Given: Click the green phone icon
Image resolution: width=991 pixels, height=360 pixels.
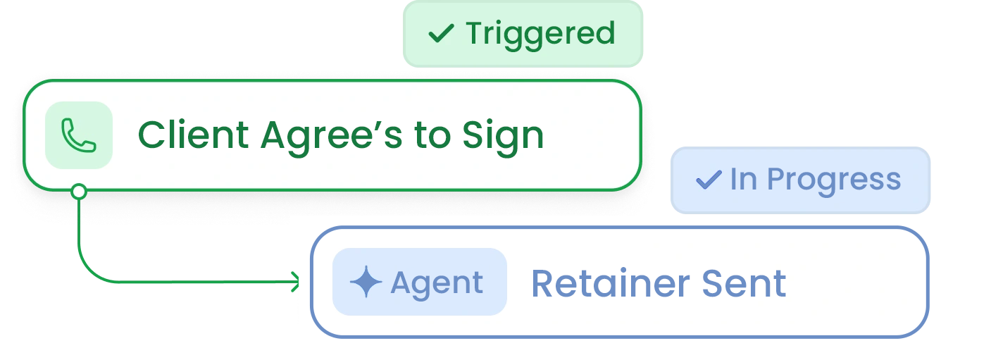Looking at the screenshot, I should click(78, 135).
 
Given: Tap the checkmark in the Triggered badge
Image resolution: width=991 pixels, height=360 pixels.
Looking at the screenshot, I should click(442, 33).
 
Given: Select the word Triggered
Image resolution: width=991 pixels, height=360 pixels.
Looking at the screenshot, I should click(540, 34).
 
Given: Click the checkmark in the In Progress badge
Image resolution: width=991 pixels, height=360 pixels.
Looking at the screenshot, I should click(708, 180).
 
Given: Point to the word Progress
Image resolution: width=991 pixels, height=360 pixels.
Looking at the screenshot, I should click(833, 180).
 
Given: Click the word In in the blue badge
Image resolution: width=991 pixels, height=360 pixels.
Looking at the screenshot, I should click(742, 180).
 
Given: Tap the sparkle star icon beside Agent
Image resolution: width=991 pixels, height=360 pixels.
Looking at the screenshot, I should click(366, 283).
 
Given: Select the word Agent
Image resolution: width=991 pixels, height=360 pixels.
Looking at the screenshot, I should click(437, 283).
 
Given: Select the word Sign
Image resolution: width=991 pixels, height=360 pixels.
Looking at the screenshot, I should click(503, 136).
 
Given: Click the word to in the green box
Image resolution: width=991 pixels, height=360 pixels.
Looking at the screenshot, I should click(434, 136).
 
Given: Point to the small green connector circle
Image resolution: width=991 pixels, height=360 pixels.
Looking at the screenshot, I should click(79, 191).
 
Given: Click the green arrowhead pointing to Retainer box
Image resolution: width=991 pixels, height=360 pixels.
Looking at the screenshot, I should click(296, 283).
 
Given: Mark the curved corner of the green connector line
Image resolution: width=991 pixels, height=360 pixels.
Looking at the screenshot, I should click(89, 272).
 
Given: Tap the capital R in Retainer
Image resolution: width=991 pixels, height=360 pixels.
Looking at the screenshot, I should click(542, 283).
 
